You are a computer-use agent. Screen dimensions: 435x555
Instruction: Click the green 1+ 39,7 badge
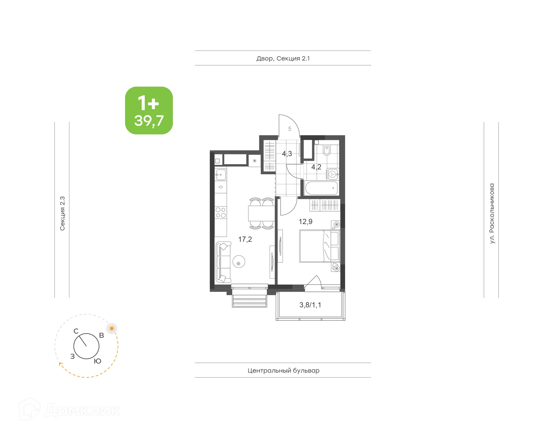[149, 111]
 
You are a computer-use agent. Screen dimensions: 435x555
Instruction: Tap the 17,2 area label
[245, 239]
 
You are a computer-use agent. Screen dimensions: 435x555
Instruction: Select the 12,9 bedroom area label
[305, 222]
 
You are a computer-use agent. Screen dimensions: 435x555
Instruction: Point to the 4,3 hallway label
[287, 154]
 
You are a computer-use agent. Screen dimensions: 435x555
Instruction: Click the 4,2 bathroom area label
[316, 167]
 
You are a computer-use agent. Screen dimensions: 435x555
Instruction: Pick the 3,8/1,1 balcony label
[310, 305]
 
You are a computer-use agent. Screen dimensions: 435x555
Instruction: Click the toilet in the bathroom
[327, 150]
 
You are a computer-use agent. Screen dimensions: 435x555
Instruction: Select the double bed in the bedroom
[319, 246]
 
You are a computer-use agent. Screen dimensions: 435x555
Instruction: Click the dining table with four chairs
[261, 214]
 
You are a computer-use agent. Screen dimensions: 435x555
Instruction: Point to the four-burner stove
[221, 213]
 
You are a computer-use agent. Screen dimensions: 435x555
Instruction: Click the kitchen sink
[221, 175]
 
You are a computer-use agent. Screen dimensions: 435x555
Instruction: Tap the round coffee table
[239, 262]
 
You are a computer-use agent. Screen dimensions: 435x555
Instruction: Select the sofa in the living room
[223, 262]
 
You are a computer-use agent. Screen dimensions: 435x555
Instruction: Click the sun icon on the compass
[112, 328]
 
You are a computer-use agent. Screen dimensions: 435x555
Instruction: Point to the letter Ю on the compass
[97, 361]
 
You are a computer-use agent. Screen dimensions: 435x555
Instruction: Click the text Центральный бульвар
[283, 371]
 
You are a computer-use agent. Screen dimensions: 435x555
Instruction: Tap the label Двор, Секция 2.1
[283, 59]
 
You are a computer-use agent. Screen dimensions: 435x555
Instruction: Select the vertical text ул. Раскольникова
[492, 213]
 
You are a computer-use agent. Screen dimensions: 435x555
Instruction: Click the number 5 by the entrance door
[290, 129]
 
